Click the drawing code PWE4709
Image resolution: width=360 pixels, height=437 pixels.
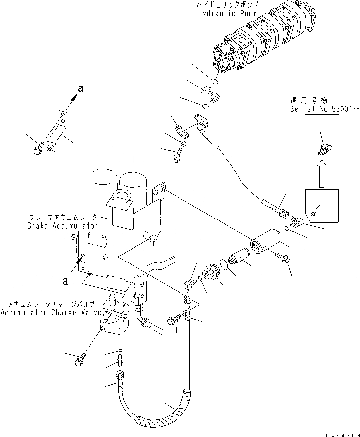tap(341, 433)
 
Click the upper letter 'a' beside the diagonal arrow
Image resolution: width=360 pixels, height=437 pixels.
tap(80, 89)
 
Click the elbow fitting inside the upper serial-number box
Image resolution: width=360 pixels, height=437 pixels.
tap(325, 147)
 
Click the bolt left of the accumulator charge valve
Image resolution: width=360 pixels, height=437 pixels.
tap(80, 361)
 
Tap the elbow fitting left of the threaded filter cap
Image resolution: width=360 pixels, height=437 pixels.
tap(190, 283)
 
